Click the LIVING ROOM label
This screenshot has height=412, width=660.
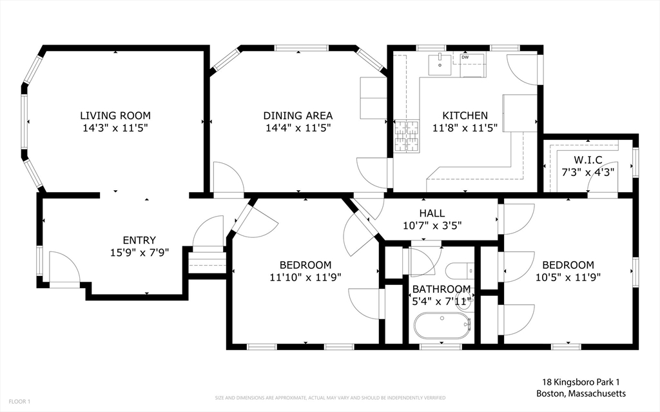click(x=115, y=115)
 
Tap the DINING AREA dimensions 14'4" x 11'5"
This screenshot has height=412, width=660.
click(x=298, y=128)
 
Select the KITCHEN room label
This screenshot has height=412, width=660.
click(x=465, y=115)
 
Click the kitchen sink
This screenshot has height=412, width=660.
click(x=440, y=65)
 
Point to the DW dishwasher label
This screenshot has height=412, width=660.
click(x=465, y=57)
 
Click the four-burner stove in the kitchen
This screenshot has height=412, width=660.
click(x=407, y=135)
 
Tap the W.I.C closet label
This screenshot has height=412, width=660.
click(x=588, y=160)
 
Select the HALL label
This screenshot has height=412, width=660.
click(x=432, y=213)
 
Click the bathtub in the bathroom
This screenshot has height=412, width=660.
click(x=442, y=325)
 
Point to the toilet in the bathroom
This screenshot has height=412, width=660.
click(x=460, y=271)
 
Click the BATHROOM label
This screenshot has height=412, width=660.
click(x=442, y=289)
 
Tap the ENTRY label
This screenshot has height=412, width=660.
click(x=139, y=240)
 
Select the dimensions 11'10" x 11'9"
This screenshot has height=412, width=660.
click(x=306, y=277)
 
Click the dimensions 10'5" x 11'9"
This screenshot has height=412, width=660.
click(x=568, y=277)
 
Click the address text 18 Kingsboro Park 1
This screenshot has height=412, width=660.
click(x=581, y=382)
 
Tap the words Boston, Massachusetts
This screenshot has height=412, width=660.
click(x=581, y=394)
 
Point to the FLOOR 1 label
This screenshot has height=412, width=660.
click(x=19, y=402)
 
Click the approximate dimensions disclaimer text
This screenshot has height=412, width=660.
click(x=330, y=398)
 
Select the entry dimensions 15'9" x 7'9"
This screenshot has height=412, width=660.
click(x=139, y=252)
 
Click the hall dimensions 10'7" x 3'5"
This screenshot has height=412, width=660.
click(x=432, y=226)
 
